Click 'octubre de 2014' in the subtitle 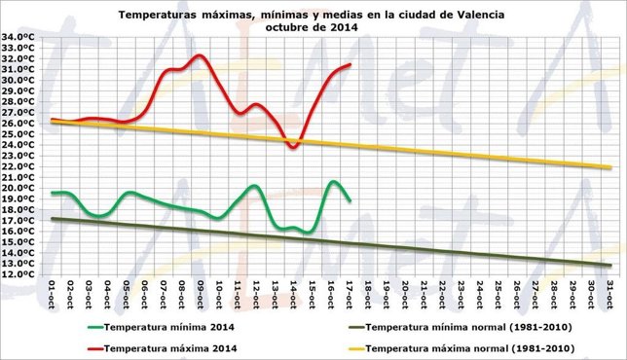click(x=313, y=28)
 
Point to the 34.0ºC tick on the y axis click(x=19, y=37)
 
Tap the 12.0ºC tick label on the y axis click(x=19, y=274)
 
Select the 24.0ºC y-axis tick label click(x=19, y=145)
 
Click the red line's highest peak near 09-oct click(x=200, y=55)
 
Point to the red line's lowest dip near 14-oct click(x=292, y=146)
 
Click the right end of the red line click(x=350, y=65)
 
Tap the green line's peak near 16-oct click(x=333, y=182)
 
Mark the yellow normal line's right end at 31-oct click(x=610, y=167)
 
